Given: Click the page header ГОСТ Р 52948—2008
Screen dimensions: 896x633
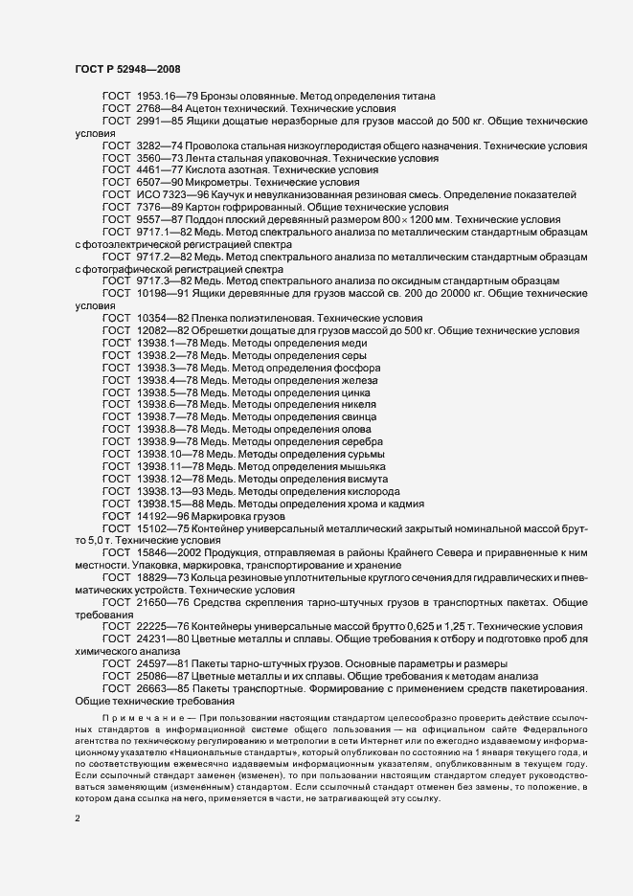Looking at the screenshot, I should click(126, 70).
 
